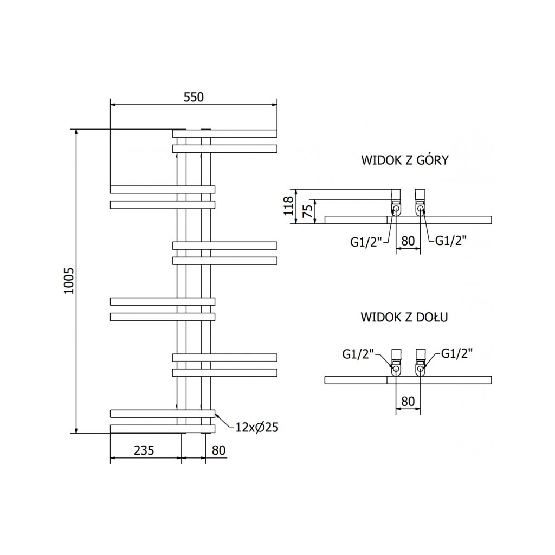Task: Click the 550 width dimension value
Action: (193, 98)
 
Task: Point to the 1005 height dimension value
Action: (68, 281)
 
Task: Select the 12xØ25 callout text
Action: (257, 428)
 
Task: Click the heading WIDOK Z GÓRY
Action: (404, 160)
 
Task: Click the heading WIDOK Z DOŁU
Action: (404, 318)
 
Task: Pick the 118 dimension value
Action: (289, 206)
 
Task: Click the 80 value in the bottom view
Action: (408, 401)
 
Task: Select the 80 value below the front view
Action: (218, 450)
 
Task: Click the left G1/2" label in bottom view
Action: (359, 354)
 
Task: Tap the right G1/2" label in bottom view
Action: (457, 353)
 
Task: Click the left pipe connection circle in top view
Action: (396, 209)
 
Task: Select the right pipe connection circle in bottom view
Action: (421, 369)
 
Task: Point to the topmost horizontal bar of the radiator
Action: (224, 133)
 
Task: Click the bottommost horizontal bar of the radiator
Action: (163, 429)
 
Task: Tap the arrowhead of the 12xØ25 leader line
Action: (216, 415)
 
